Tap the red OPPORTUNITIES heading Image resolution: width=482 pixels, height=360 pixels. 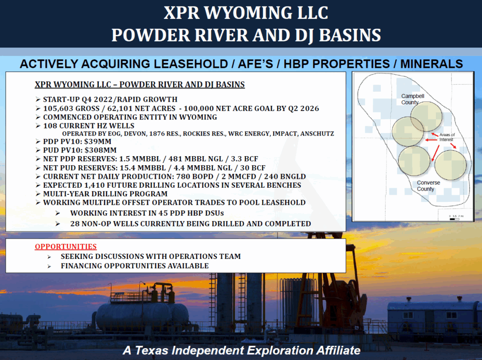65,247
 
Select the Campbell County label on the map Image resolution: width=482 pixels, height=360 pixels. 412,99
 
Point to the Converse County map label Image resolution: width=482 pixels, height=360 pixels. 428,186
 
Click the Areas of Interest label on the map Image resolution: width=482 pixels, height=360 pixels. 447,137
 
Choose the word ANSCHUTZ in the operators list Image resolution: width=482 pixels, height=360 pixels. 317,134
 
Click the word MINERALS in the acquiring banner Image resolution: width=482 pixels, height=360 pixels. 431,64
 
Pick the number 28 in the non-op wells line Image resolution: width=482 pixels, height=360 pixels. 75,224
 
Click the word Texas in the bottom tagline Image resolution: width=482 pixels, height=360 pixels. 152,350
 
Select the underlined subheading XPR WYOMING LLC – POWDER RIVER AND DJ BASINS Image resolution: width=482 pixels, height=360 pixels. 139,85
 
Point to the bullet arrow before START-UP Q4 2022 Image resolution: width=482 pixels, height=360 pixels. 38,99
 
